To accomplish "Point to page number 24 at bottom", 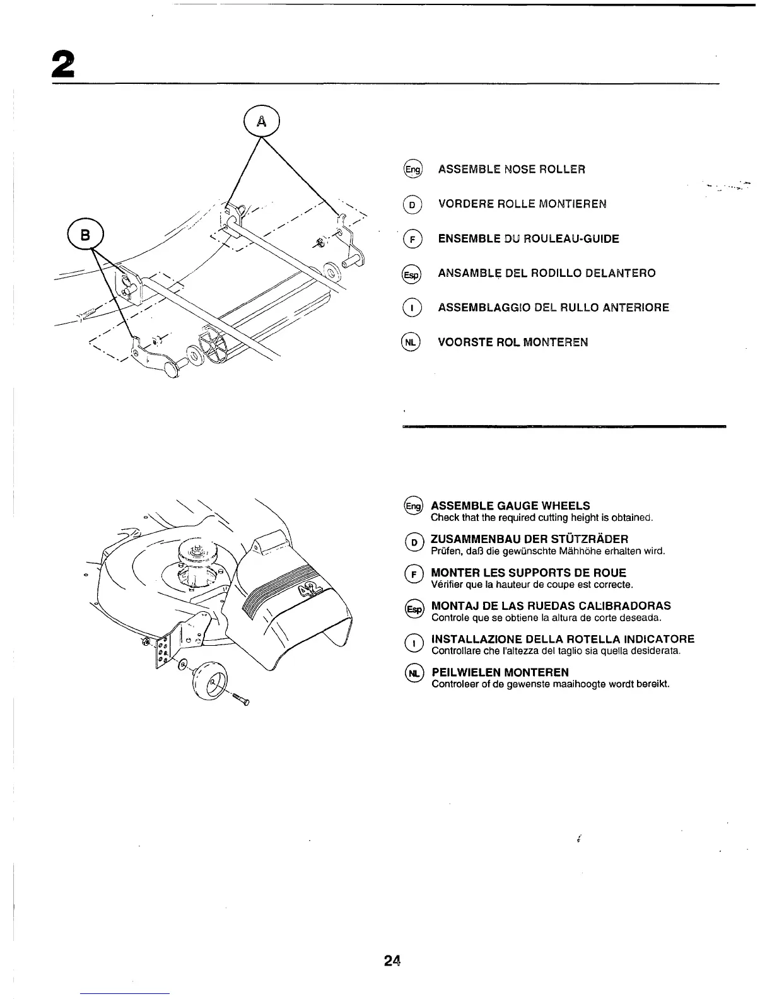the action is (x=392, y=961).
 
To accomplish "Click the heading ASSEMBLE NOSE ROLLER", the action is (x=512, y=169).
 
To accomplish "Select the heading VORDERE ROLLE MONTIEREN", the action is (x=522, y=204).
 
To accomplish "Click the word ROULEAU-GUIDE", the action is (x=570, y=238).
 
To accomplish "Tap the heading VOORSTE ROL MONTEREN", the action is (x=513, y=342).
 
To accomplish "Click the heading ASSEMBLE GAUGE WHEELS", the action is (x=510, y=506).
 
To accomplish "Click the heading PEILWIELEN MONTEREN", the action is (x=500, y=672).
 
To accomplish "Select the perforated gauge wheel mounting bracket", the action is (x=163, y=648).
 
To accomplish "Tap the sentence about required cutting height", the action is (x=541, y=518).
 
